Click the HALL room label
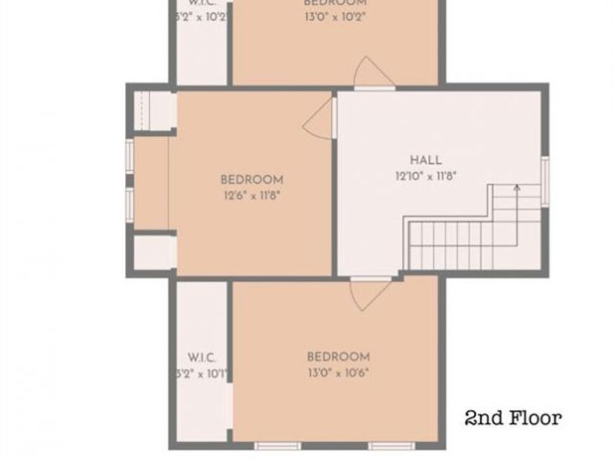click(x=426, y=160)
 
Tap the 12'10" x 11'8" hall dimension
click(x=426, y=176)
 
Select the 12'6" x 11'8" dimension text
click(x=251, y=195)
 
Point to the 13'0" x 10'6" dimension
click(x=338, y=373)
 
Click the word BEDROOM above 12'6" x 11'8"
click(x=251, y=180)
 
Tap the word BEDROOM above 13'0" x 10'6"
click(x=338, y=357)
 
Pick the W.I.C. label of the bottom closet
click(x=202, y=357)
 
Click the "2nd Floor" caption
click(x=513, y=418)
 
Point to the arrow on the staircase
click(x=517, y=188)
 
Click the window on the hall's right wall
click(x=545, y=180)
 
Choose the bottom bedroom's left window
click(x=278, y=446)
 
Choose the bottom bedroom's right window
click(x=392, y=446)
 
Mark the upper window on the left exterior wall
click(x=129, y=156)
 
